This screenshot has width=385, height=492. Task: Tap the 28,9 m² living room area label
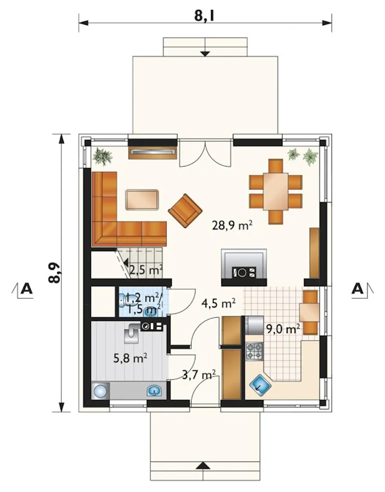coord(232,226)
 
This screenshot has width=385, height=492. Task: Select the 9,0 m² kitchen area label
coord(283,329)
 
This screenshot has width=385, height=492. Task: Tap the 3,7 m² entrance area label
coord(199,375)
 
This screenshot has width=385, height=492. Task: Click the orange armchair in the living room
coord(185,211)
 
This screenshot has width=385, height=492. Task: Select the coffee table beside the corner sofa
coord(142,200)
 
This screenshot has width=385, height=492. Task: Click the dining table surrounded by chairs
coord(276,192)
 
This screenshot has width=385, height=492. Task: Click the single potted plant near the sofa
coord(103,157)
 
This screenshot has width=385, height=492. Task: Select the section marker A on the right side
coord(357,289)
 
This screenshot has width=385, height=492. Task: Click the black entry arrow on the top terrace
coord(205,54)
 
